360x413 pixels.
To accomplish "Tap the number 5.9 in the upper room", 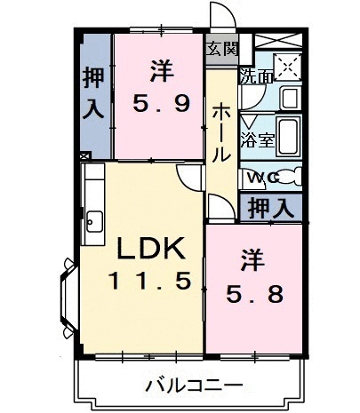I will (159, 104).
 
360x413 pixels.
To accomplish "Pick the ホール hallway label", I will (221, 129).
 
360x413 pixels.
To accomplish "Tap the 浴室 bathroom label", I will (259, 139).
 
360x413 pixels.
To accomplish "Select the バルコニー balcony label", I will (193, 386).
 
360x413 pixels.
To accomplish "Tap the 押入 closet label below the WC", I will (269, 209).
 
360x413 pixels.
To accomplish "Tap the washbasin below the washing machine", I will (290, 98).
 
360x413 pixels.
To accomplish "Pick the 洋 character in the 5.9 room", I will (160, 68).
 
